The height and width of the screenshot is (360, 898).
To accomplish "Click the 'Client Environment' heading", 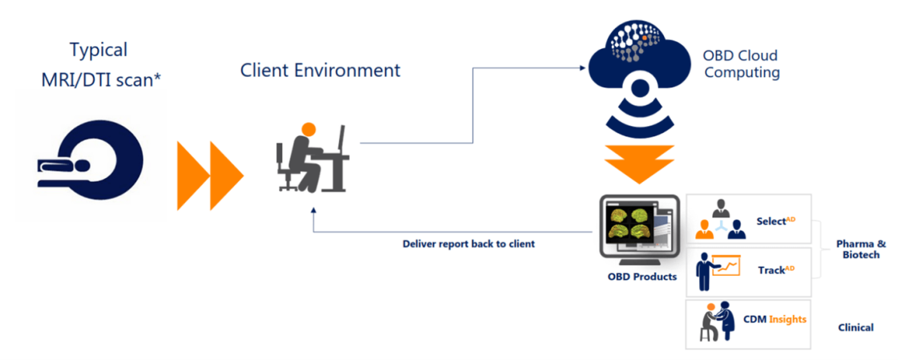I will [320, 70].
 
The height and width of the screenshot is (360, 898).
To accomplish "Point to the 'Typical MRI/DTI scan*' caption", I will [99, 65].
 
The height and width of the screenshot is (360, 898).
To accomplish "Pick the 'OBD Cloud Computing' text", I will [740, 64].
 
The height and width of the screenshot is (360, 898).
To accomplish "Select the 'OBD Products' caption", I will [638, 277].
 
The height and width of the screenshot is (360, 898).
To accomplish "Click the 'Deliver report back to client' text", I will [468, 243].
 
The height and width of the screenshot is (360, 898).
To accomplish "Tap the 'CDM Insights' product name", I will [774, 319].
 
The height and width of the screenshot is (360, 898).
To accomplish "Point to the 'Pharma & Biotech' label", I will [858, 249].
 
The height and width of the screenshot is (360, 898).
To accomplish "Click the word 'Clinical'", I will [856, 327].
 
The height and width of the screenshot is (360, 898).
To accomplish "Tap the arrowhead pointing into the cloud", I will [583, 68].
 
